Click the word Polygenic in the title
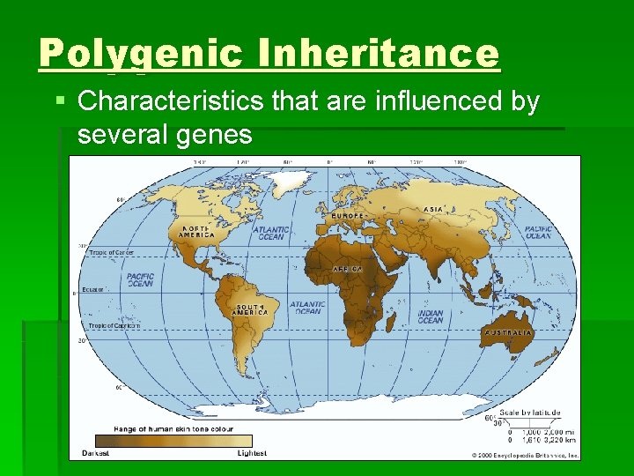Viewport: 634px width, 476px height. (140, 54)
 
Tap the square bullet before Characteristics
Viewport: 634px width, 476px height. (60, 102)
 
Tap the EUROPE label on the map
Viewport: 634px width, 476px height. (348, 216)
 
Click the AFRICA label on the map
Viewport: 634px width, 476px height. (348, 269)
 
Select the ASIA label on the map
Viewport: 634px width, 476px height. (433, 209)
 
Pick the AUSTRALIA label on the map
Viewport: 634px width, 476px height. (508, 333)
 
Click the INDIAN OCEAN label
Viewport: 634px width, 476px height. (430, 316)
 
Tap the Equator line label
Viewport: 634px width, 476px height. (94, 288)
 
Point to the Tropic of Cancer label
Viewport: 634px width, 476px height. (111, 253)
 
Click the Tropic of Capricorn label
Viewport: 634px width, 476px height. (114, 325)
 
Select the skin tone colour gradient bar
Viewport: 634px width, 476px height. (173, 440)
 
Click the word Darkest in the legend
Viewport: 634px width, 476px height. (96, 452)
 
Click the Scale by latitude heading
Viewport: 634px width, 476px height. (530, 413)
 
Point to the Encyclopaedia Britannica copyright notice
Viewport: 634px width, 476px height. (526, 455)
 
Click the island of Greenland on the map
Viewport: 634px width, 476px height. (291, 182)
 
